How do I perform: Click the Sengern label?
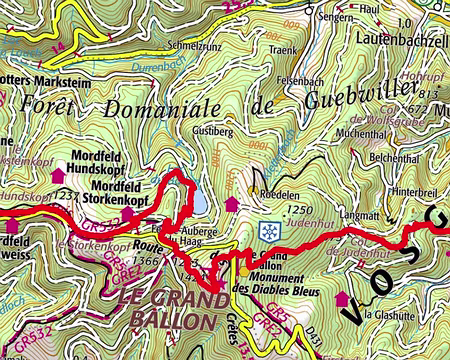(336, 17)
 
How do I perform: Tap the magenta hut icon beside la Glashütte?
(343, 298)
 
